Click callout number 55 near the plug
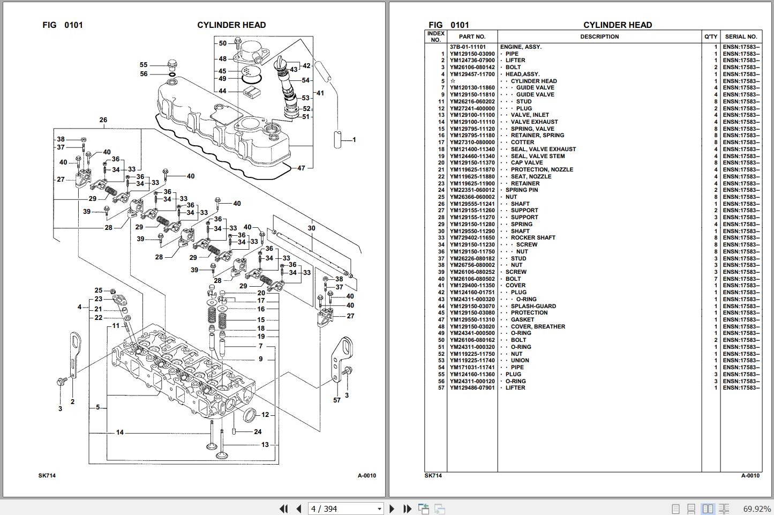pyautogui.click(x=144, y=65)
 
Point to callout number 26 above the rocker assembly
pyautogui.click(x=103, y=120)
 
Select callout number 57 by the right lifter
pyautogui.click(x=337, y=400)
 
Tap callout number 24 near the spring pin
pyautogui.click(x=258, y=432)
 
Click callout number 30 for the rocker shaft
pyautogui.click(x=312, y=228)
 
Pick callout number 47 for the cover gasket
pyautogui.click(x=301, y=168)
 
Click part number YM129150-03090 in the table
pyautogui.click(x=472, y=54)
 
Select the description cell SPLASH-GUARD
pyautogui.click(x=533, y=306)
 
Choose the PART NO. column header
pyautogui.click(x=472, y=36)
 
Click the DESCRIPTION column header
pyautogui.click(x=599, y=36)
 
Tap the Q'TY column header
pyautogui.click(x=711, y=36)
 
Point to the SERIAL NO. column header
pyautogui.click(x=741, y=36)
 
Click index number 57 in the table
pyautogui.click(x=441, y=387)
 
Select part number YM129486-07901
pyautogui.click(x=472, y=387)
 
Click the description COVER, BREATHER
pyautogui.click(x=538, y=326)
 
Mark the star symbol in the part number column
pyautogui.click(x=453, y=81)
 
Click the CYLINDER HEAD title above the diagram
pyautogui.click(x=231, y=25)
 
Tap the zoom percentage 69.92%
pyautogui.click(x=757, y=509)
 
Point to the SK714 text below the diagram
pyautogui.click(x=47, y=475)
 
